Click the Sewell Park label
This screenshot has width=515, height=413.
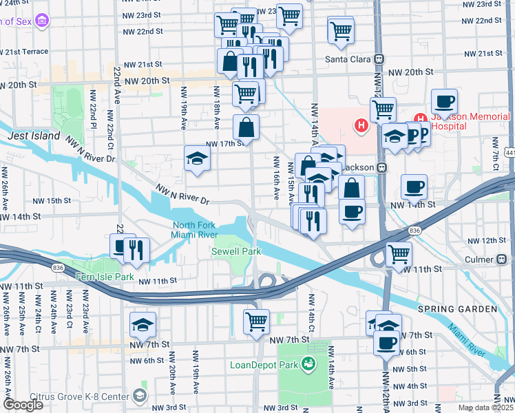[235, 252]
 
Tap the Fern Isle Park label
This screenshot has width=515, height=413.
[104, 277]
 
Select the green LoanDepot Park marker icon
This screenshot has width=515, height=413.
[308, 363]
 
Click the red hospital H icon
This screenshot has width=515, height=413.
[360, 125]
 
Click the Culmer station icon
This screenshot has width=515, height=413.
[502, 259]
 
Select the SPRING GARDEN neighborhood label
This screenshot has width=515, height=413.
[458, 310]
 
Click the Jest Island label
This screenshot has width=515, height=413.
[34, 136]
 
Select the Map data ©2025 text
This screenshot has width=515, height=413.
[485, 407]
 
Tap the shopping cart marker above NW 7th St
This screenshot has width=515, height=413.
[256, 320]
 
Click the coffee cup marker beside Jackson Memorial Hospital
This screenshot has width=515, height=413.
[444, 102]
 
